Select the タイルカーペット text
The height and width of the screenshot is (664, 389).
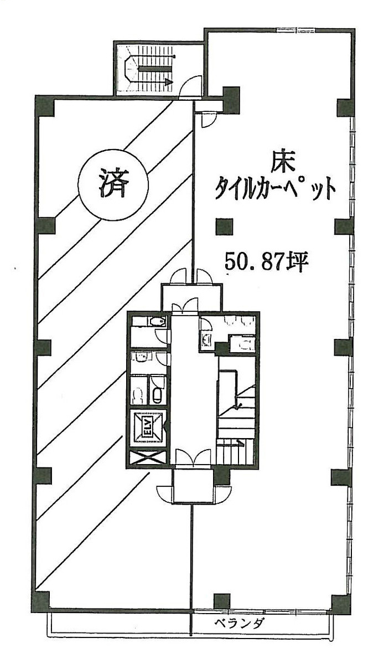[275, 189]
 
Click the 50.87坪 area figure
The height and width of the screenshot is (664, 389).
[266, 261]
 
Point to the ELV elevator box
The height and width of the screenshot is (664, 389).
[148, 428]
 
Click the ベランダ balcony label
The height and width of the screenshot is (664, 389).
[240, 623]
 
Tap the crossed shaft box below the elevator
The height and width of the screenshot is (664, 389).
[148, 459]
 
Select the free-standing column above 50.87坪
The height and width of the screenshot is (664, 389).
[224, 226]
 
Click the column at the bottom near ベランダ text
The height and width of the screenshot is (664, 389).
[221, 601]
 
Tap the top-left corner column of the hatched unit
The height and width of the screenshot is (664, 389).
[45, 106]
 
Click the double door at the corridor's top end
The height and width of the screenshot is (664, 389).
[184, 306]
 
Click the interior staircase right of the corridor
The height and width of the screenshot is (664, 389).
[237, 410]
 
